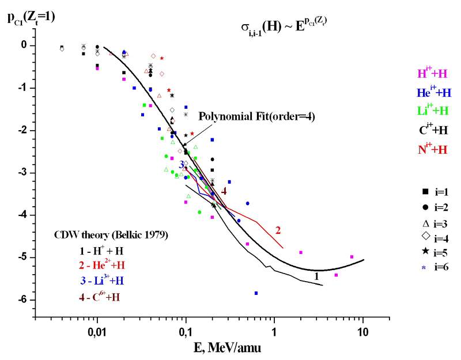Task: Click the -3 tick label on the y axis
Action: click(x=24, y=173)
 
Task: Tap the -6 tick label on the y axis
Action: click(x=24, y=300)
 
